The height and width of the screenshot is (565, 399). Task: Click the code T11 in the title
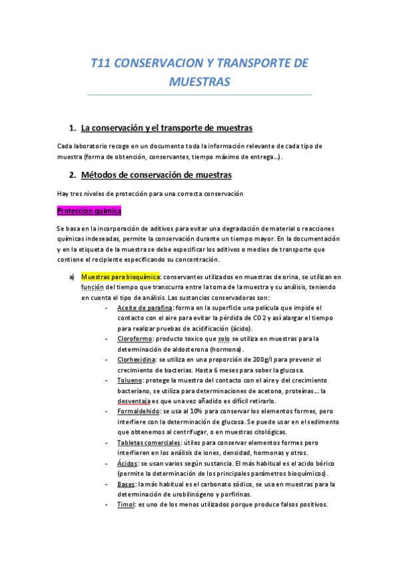(102, 63)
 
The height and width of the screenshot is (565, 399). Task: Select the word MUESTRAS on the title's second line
(200, 81)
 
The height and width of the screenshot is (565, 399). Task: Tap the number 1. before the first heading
(73, 128)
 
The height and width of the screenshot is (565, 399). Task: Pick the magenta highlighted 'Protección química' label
(89, 211)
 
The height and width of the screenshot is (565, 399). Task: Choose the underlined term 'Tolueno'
(130, 379)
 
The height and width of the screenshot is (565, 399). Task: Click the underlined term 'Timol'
(125, 504)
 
